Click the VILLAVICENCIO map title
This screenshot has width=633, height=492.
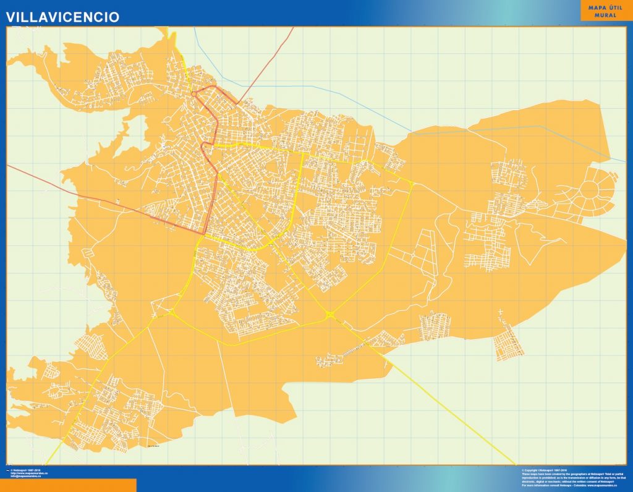pyautogui.click(x=63, y=17)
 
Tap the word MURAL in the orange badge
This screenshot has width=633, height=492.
pyautogui.click(x=605, y=15)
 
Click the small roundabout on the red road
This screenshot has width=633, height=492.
pyautogui.click(x=193, y=94)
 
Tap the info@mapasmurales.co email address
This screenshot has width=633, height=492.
pyautogui.click(x=26, y=477)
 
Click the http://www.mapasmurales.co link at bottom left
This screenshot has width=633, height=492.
pyautogui.click(x=30, y=474)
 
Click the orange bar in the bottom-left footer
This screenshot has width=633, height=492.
pyautogui.click(x=68, y=485)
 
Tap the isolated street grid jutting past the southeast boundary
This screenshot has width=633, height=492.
pyautogui.click(x=509, y=344)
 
